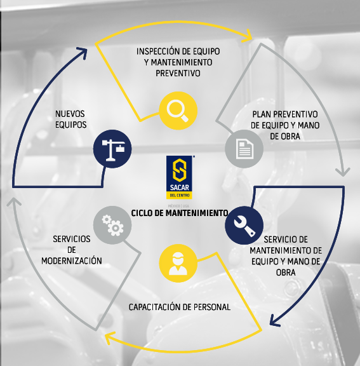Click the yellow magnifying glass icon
tap(178, 111)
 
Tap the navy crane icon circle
tap(112, 149)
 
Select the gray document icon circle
tap(244, 149)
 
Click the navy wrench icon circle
tap(244, 225)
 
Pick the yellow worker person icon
tap(178, 263)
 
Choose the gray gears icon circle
tap(112, 225)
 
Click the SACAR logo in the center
tap(179, 177)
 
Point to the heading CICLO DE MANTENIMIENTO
tap(180, 213)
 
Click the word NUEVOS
tap(70, 114)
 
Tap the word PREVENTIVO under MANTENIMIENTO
tap(178, 73)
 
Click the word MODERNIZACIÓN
tap(72, 261)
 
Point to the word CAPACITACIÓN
tap(154, 307)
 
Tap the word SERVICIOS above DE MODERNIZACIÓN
tap(72, 239)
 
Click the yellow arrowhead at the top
tap(248, 36)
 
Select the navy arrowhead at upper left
tap(83, 52)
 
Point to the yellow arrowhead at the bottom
tap(109, 338)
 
